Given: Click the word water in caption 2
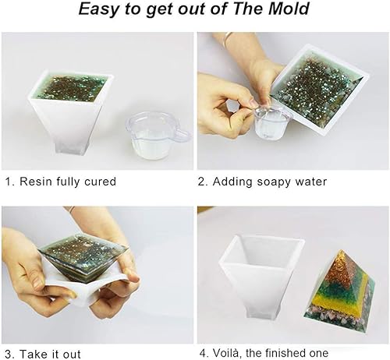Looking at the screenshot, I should (309, 182).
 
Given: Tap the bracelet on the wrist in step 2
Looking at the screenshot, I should (227, 37).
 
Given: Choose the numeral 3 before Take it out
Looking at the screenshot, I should (8, 354).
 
